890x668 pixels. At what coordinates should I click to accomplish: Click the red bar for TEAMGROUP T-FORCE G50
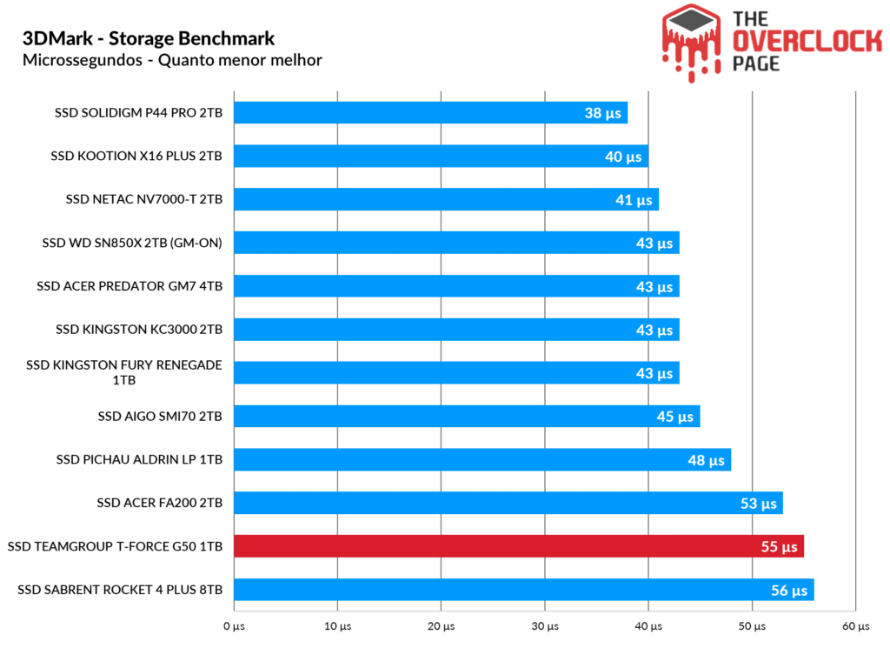[518, 546]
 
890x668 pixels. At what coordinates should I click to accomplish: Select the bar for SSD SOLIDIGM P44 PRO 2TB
[430, 112]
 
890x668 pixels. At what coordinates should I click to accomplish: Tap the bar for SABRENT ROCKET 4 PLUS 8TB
[523, 590]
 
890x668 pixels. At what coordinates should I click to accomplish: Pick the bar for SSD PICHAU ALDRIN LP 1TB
[482, 459]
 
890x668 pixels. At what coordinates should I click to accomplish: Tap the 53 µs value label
[760, 504]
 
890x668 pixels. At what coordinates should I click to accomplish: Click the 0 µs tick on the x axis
[233, 626]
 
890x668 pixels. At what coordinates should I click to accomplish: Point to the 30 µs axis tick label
[545, 626]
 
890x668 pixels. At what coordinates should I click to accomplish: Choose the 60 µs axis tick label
[856, 626]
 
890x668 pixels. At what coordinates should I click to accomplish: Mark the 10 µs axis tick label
[337, 626]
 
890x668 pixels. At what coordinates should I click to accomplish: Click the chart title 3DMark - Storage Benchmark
[149, 39]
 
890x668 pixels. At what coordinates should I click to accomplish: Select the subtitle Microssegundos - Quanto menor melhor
[172, 60]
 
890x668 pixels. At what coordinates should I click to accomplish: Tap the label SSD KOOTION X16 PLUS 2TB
[136, 156]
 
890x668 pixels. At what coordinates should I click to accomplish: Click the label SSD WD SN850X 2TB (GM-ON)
[132, 243]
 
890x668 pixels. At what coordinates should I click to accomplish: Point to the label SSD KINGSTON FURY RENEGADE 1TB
[124, 372]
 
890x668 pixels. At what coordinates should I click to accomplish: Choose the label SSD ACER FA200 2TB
[160, 503]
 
